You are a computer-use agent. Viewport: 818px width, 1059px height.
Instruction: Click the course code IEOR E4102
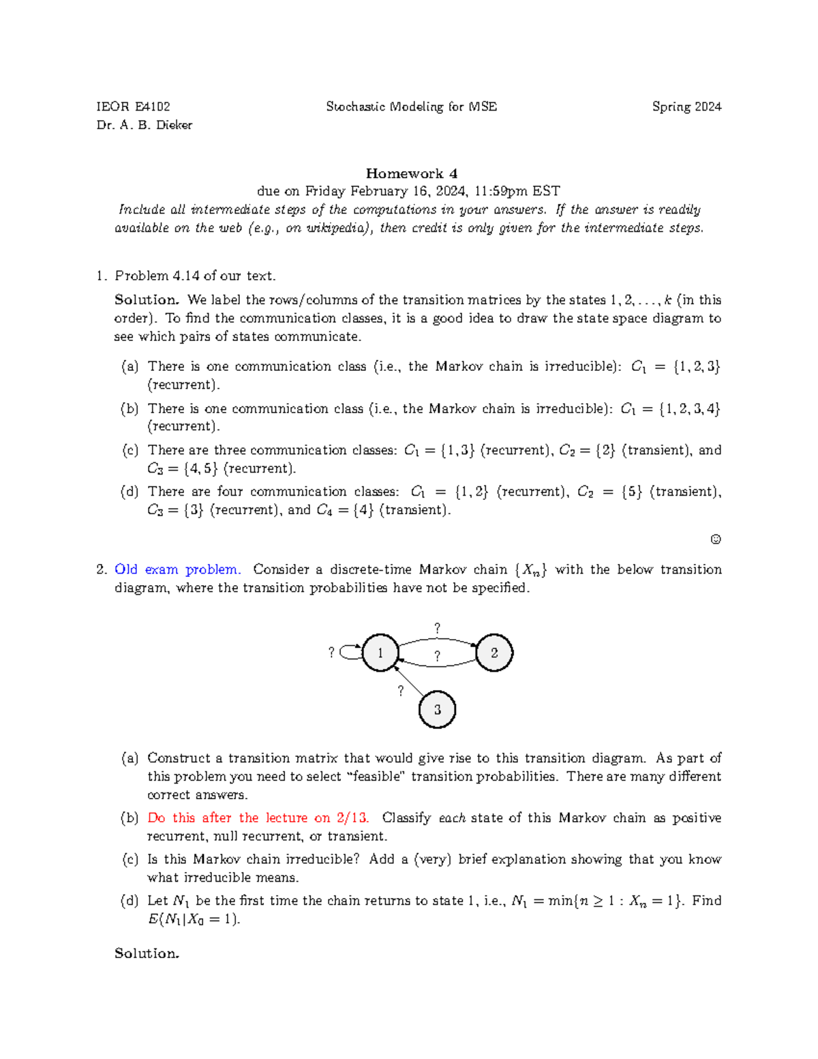pyautogui.click(x=134, y=106)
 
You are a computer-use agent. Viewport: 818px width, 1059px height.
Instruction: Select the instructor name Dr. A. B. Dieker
pyautogui.click(x=145, y=125)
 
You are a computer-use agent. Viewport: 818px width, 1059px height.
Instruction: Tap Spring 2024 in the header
pyautogui.click(x=686, y=106)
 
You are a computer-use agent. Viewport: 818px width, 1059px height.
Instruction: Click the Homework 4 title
pyautogui.click(x=411, y=173)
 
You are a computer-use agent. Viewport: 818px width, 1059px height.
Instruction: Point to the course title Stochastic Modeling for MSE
pyautogui.click(x=411, y=106)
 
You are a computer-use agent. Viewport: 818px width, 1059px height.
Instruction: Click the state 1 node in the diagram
pyautogui.click(x=380, y=653)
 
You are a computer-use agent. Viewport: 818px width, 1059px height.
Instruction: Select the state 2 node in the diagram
pyautogui.click(x=494, y=653)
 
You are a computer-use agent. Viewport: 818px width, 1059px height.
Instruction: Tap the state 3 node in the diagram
pyautogui.click(x=437, y=710)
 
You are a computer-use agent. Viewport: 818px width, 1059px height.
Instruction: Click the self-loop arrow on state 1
pyautogui.click(x=350, y=653)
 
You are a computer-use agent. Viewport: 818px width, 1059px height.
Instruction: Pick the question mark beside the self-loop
pyautogui.click(x=331, y=653)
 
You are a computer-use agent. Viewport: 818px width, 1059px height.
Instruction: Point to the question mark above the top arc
pyautogui.click(x=437, y=628)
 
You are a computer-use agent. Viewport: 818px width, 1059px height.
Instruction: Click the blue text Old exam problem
pyautogui.click(x=177, y=569)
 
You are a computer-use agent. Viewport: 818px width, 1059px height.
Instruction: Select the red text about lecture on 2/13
pyautogui.click(x=258, y=818)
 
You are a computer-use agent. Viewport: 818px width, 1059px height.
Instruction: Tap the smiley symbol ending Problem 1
pyautogui.click(x=715, y=539)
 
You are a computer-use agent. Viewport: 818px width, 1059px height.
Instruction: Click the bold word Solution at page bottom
pyautogui.click(x=147, y=953)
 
